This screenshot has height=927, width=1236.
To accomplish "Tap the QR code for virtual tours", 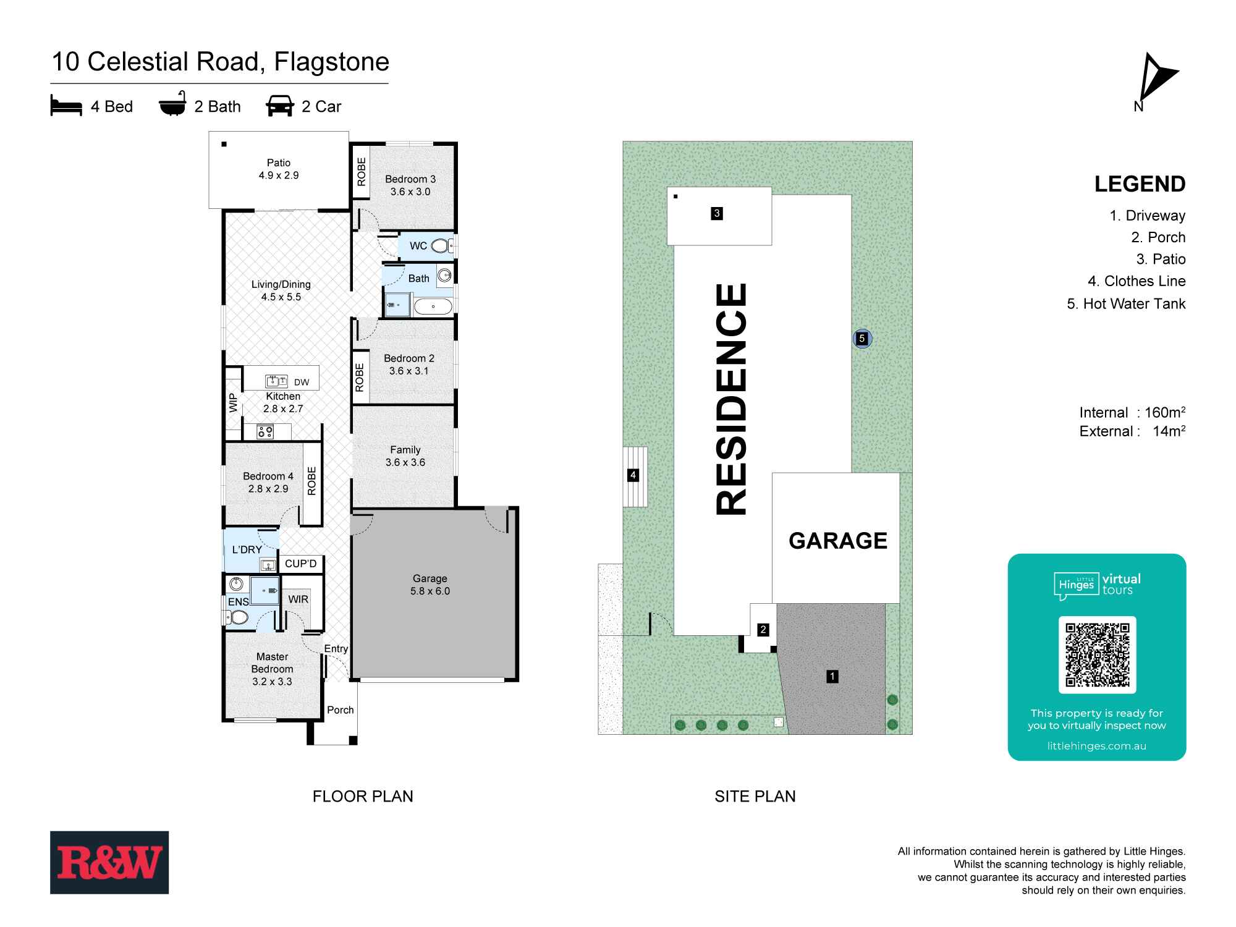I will coord(1097,655).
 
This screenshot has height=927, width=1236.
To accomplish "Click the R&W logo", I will coord(109,862).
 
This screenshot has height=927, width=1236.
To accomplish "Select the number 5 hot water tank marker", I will coord(862,339).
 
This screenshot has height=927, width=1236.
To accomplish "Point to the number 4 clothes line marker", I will coord(633,475).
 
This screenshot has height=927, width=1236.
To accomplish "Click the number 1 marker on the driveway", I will coord(832,677).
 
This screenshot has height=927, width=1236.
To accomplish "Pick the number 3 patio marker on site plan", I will coord(717,214).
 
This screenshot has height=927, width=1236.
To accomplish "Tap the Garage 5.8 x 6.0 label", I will coord(430,585).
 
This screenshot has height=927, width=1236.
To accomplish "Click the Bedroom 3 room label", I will coord(410,185).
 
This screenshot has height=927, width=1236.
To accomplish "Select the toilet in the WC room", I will coord(440,246).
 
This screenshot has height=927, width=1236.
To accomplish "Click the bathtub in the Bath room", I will coord(433,307).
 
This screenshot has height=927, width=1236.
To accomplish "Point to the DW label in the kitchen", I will coord(302,383).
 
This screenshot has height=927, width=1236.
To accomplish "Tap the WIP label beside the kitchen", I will coord(234,403).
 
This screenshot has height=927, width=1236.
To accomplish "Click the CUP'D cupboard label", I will coord(301,564).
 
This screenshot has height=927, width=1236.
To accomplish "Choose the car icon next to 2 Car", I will coord(279,106).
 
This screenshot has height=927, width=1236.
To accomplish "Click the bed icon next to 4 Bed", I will coord(66,106).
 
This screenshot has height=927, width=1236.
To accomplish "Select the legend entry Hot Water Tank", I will coord(1126,303).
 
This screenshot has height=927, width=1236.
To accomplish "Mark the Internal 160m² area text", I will coord(1132,412).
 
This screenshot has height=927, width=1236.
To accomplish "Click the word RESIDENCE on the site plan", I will coord(732,399).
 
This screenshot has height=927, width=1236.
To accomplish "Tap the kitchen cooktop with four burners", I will coord(266,431).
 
